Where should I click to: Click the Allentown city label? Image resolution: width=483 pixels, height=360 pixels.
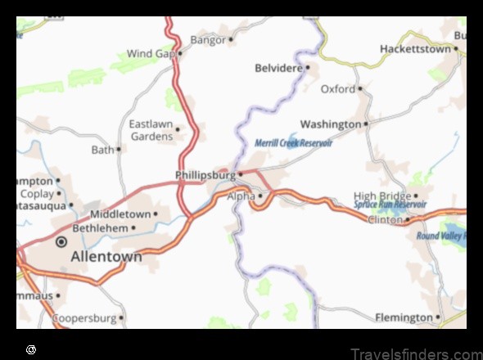point(106,257)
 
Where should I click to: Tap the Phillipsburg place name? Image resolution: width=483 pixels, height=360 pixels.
point(205,175)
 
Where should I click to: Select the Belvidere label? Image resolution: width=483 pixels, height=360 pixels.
point(278,68)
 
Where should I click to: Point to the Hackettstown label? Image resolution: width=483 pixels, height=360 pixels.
point(415,49)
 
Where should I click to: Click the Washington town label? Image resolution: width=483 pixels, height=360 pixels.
point(330,124)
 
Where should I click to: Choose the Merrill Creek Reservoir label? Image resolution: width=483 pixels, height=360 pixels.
point(293,142)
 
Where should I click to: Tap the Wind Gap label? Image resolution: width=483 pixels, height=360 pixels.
point(151,54)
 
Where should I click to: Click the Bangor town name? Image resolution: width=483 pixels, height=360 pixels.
point(207,39)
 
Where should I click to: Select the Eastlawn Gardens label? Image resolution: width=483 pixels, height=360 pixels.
point(151,130)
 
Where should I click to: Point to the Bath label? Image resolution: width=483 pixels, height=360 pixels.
point(102,150)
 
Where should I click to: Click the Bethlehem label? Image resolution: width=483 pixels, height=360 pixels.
point(100,227)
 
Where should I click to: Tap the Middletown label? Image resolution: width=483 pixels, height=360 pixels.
point(120,214)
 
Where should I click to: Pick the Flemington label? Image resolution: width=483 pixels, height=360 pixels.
point(404,317)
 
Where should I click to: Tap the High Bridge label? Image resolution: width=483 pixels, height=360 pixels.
point(382,196)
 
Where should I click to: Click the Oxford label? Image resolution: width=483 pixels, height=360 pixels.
point(337,88)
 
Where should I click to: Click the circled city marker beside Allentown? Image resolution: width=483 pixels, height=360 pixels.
point(61,242)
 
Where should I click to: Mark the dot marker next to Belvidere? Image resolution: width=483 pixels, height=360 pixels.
point(308,68)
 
